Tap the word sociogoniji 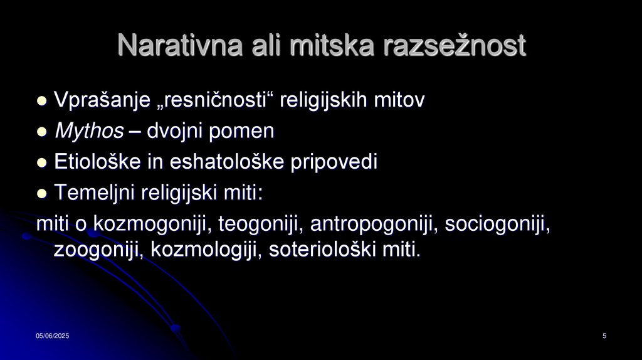click(498, 224)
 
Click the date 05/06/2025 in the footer click(52, 337)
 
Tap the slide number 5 click(604, 337)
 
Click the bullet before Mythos click(42, 132)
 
